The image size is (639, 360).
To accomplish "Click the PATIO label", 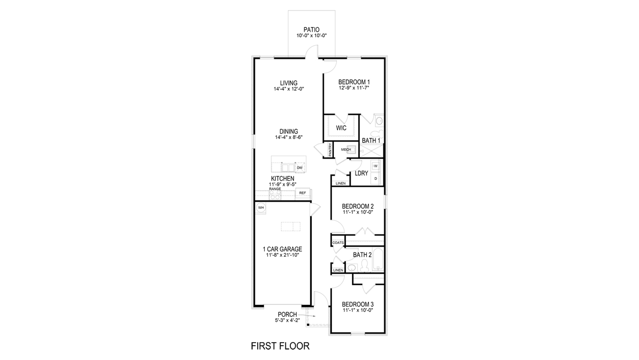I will click(x=311, y=30).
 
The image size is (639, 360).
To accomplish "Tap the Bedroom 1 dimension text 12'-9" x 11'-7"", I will click(x=354, y=88).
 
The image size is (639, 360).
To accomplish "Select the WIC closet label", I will click(x=341, y=128).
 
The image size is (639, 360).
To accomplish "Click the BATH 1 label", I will click(x=371, y=141).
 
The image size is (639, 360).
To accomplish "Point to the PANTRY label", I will click(x=330, y=150).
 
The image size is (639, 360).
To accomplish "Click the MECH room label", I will click(x=346, y=150).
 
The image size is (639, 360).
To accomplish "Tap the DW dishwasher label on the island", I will click(x=299, y=168).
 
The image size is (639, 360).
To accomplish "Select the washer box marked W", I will click(x=376, y=166).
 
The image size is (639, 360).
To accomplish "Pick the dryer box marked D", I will click(x=376, y=179).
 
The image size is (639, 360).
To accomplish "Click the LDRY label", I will click(x=361, y=174).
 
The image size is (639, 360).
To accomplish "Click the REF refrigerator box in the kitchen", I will click(x=302, y=193).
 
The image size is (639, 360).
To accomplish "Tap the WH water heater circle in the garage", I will click(x=261, y=207).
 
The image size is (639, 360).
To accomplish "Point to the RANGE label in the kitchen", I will click(x=275, y=189).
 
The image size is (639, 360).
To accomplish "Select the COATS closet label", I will click(x=338, y=243).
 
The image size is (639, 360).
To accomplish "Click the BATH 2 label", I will click(x=362, y=254).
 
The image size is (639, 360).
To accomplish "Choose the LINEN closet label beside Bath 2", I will click(x=338, y=270).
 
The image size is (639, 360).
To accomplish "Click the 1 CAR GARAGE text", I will click(x=282, y=249).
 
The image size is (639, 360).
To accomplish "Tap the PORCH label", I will click(x=287, y=315).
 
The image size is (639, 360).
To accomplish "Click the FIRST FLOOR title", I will click(x=280, y=346).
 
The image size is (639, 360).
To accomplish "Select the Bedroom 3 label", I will click(x=357, y=304).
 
